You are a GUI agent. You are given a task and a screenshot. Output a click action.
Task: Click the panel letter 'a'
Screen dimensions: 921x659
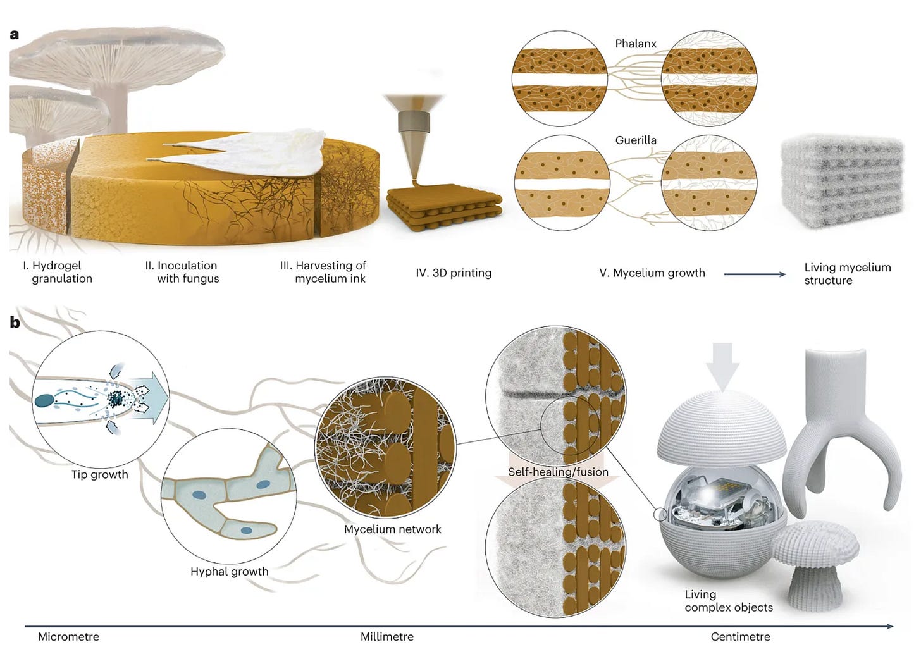15,35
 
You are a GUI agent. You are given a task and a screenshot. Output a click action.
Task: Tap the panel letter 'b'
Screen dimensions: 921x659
15,323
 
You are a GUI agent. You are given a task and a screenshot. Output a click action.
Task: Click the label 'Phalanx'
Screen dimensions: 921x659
636,44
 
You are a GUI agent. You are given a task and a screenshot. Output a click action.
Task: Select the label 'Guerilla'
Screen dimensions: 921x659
636,140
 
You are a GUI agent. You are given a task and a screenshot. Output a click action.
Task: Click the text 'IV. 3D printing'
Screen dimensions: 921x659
454,273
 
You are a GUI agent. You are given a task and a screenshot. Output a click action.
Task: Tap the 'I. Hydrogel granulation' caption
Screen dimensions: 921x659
58,272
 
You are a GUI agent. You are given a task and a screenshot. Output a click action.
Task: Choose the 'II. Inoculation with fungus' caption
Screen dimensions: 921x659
183,272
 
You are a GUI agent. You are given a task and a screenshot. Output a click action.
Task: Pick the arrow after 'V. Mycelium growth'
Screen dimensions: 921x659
755,274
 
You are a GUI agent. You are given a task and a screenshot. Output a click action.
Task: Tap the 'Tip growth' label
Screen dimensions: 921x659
99,474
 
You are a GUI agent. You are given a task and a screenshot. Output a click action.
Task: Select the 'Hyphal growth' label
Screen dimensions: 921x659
229,572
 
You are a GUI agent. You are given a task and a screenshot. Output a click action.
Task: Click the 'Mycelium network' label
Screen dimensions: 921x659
393,529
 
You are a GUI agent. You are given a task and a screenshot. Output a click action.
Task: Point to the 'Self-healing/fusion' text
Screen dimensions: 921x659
558,472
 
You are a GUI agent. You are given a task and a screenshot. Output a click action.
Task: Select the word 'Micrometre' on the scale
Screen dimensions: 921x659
68,637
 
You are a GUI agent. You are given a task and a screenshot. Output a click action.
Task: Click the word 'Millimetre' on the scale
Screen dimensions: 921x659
387,637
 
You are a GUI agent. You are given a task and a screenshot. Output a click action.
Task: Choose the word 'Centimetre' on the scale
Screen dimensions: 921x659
740,637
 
